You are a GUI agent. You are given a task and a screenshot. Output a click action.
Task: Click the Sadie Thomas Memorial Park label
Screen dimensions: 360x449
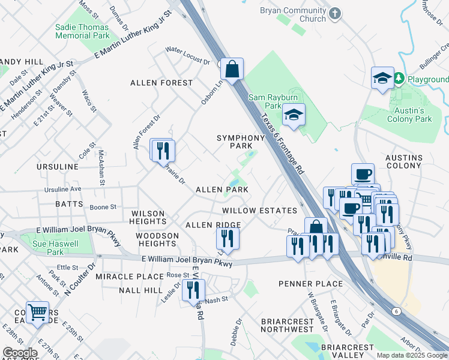(82, 31)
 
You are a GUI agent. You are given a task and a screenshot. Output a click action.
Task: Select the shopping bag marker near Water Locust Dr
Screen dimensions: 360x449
(231, 69)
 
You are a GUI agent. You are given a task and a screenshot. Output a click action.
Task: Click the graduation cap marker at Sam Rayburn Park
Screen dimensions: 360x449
(294, 114)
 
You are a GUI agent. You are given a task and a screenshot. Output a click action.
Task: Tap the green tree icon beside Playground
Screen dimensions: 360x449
(399, 79)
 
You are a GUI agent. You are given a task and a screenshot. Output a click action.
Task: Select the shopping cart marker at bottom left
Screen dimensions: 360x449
(37, 312)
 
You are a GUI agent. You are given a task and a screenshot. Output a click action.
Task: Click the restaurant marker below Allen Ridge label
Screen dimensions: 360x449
(228, 238)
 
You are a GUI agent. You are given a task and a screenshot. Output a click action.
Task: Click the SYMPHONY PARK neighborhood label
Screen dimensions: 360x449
(241, 142)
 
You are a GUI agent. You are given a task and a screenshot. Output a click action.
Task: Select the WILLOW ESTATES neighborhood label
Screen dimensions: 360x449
(259, 211)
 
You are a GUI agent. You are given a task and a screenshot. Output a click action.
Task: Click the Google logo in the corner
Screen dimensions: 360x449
(20, 353)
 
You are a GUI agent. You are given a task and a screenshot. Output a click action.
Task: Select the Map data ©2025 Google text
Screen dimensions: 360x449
(411, 355)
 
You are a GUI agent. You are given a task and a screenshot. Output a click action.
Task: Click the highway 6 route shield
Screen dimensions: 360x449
(396, 311)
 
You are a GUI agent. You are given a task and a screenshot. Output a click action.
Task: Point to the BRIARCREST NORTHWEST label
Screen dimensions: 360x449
(288, 325)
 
